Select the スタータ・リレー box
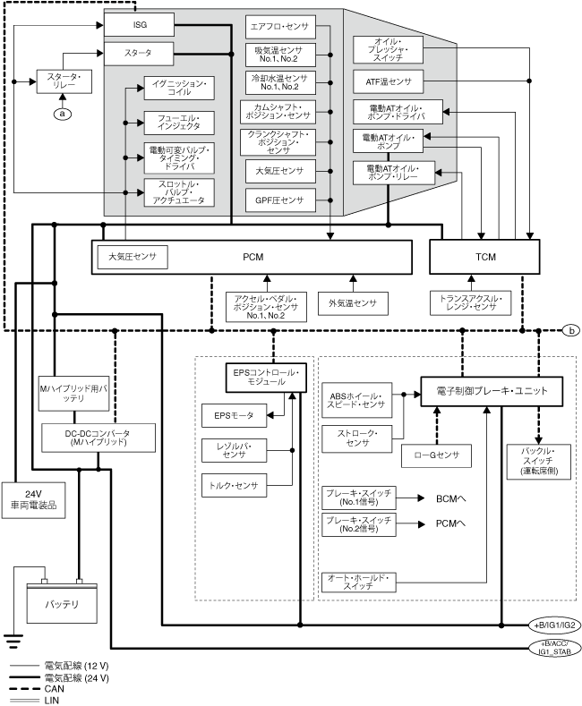point(63,82)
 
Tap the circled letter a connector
point(63,113)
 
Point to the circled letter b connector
point(571,330)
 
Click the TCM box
point(485,258)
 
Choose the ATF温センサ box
point(389,82)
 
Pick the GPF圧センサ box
point(279,200)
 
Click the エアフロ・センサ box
point(279,27)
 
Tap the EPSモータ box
point(228,414)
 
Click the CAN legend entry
point(53,690)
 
